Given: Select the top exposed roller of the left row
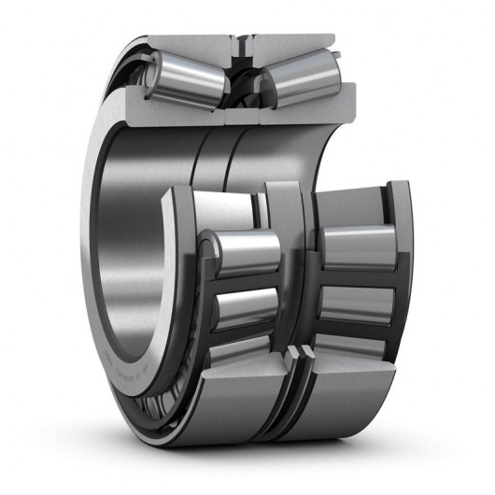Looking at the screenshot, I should point(246,251).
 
